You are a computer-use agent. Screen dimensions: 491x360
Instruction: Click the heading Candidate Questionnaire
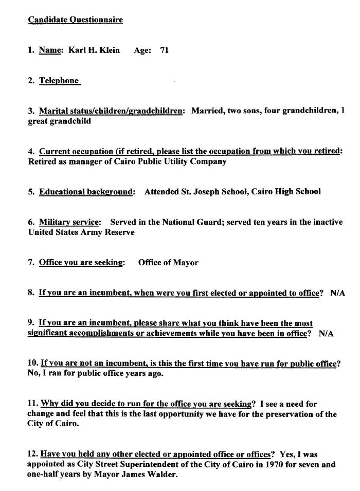pos(75,20)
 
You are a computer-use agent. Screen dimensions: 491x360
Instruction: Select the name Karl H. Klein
pos(94,50)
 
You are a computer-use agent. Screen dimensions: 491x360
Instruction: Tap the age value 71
pos(165,50)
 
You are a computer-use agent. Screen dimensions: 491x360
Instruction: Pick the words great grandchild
pos(59,121)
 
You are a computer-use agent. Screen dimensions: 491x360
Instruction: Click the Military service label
pos(69,222)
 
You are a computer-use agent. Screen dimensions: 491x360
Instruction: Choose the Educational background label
pos(86,192)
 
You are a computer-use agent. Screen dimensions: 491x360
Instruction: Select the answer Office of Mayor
pos(168,263)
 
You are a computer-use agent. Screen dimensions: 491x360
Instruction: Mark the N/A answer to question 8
pos(337,293)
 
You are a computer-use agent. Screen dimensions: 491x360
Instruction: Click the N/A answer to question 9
pos(326,334)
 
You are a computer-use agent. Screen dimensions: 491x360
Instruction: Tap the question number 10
pos(32,363)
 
